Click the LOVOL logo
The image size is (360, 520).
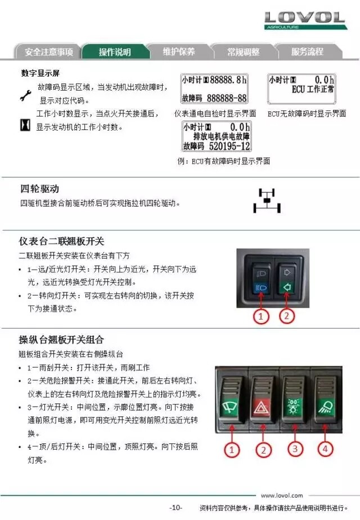[x=305, y=20]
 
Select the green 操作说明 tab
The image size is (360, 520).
[x=115, y=52]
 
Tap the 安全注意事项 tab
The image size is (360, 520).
[x=49, y=52]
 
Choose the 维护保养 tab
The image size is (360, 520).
[x=179, y=52]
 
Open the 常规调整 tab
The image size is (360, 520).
[x=243, y=52]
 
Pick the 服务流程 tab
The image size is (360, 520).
[x=307, y=52]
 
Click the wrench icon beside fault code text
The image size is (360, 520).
[x=25, y=96]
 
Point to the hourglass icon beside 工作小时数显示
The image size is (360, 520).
[x=25, y=125]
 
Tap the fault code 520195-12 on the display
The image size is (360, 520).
[x=229, y=146]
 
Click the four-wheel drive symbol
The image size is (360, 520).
[x=267, y=200]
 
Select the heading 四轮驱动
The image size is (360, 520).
[x=39, y=189]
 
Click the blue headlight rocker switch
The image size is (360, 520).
[x=261, y=281]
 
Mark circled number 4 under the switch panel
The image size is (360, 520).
[x=325, y=449]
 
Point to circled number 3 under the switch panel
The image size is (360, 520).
[x=295, y=449]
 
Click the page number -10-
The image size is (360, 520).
[x=175, y=508]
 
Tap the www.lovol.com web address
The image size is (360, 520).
[x=282, y=495]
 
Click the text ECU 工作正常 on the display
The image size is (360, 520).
[x=313, y=89]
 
